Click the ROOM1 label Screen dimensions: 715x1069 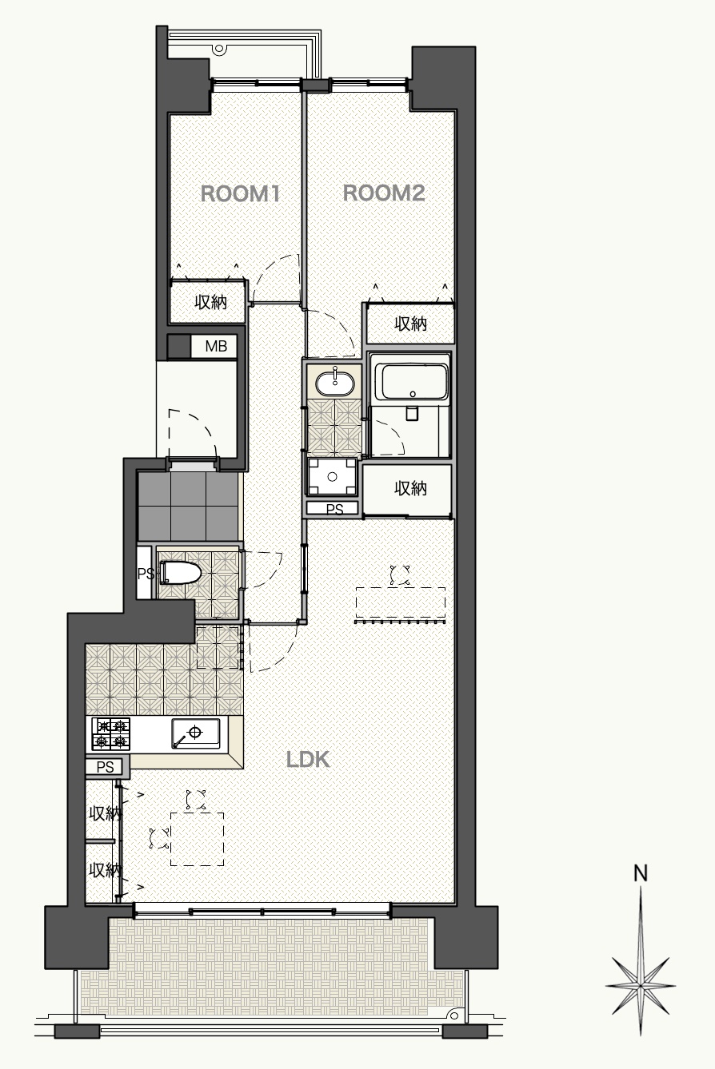click(240, 194)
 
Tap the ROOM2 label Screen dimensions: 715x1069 click(384, 193)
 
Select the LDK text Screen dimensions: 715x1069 click(308, 759)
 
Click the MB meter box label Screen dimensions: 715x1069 click(216, 346)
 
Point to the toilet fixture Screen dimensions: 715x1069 click(180, 572)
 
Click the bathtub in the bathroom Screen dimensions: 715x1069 click(411, 382)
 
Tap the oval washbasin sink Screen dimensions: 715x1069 click(335, 383)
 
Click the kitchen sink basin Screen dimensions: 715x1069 click(196, 733)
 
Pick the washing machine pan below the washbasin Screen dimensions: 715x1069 click(333, 477)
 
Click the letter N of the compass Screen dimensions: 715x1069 click(641, 873)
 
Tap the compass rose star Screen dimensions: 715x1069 click(641, 985)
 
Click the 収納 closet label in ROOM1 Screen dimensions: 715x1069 click(210, 302)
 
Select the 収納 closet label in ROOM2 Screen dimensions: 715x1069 click(410, 324)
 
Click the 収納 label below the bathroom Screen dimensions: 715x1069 click(410, 488)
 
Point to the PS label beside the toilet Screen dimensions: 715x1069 click(146, 573)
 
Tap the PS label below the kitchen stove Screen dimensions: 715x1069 click(105, 767)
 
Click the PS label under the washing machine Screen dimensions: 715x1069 click(334, 509)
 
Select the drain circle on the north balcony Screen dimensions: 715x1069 click(219, 49)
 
